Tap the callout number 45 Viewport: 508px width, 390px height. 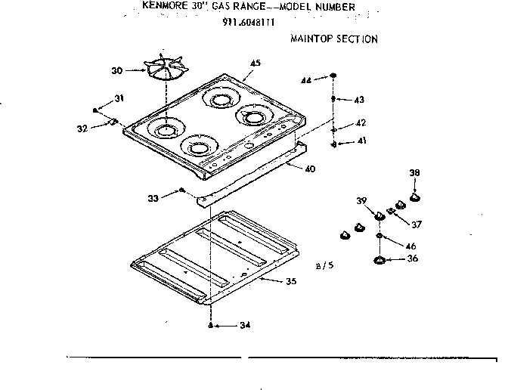point(255,63)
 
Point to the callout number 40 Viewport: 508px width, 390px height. point(309,169)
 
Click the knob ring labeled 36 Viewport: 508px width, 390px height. point(379,261)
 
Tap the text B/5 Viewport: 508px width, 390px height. point(322,265)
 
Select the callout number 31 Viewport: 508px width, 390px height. point(119,98)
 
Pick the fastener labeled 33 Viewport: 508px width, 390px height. point(182,191)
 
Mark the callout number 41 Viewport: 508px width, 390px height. point(361,141)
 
